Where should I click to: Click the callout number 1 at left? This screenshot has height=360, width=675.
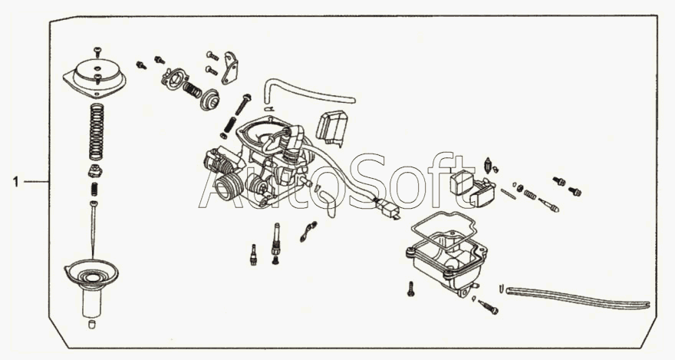tap(16, 182)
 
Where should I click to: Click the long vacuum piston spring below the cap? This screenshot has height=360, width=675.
tap(97, 132)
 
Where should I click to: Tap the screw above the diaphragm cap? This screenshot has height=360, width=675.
tap(97, 51)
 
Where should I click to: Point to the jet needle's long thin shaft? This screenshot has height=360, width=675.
tap(94, 228)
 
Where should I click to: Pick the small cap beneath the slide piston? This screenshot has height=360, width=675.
tap(92, 324)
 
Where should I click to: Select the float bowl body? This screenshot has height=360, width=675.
tap(447, 263)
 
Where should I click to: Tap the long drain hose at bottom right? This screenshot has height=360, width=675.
tap(578, 298)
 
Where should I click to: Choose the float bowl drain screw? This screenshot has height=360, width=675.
tap(487, 306)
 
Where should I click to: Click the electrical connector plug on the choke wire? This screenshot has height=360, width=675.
tap(390, 210)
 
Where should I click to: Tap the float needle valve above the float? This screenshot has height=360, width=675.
tap(488, 165)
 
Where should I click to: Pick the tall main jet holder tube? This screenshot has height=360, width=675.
tap(275, 239)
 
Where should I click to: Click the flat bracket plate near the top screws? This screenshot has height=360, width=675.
tap(230, 68)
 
